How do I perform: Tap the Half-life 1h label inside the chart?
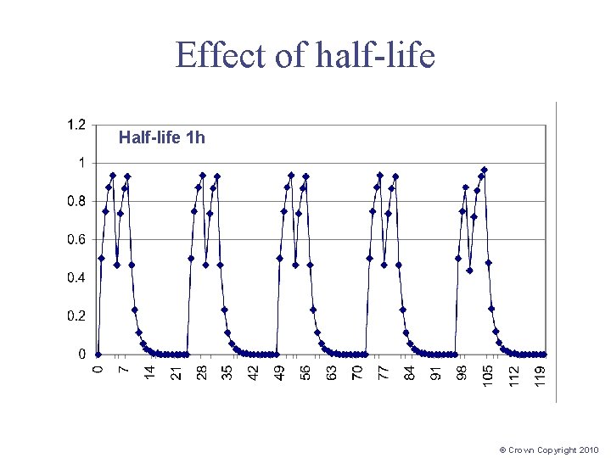[x=161, y=137]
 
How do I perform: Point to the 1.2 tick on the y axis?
[x=76, y=125]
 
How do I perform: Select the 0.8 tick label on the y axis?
[x=76, y=201]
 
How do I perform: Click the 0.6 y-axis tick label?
[x=76, y=239]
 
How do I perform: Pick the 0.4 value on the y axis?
[x=76, y=277]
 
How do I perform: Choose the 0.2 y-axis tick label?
[x=76, y=316]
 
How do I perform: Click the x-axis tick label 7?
[x=124, y=371]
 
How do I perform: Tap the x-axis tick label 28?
[x=202, y=373]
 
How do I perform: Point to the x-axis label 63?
[x=333, y=373]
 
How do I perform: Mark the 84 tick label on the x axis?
[x=411, y=373]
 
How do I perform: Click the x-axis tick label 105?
[x=489, y=376]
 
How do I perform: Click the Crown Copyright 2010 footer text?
[x=549, y=450]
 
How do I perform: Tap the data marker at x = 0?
[x=98, y=354]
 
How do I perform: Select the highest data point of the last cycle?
[x=484, y=170]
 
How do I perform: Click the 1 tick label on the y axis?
[x=81, y=163]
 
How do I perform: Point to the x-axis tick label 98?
[x=462, y=373]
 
